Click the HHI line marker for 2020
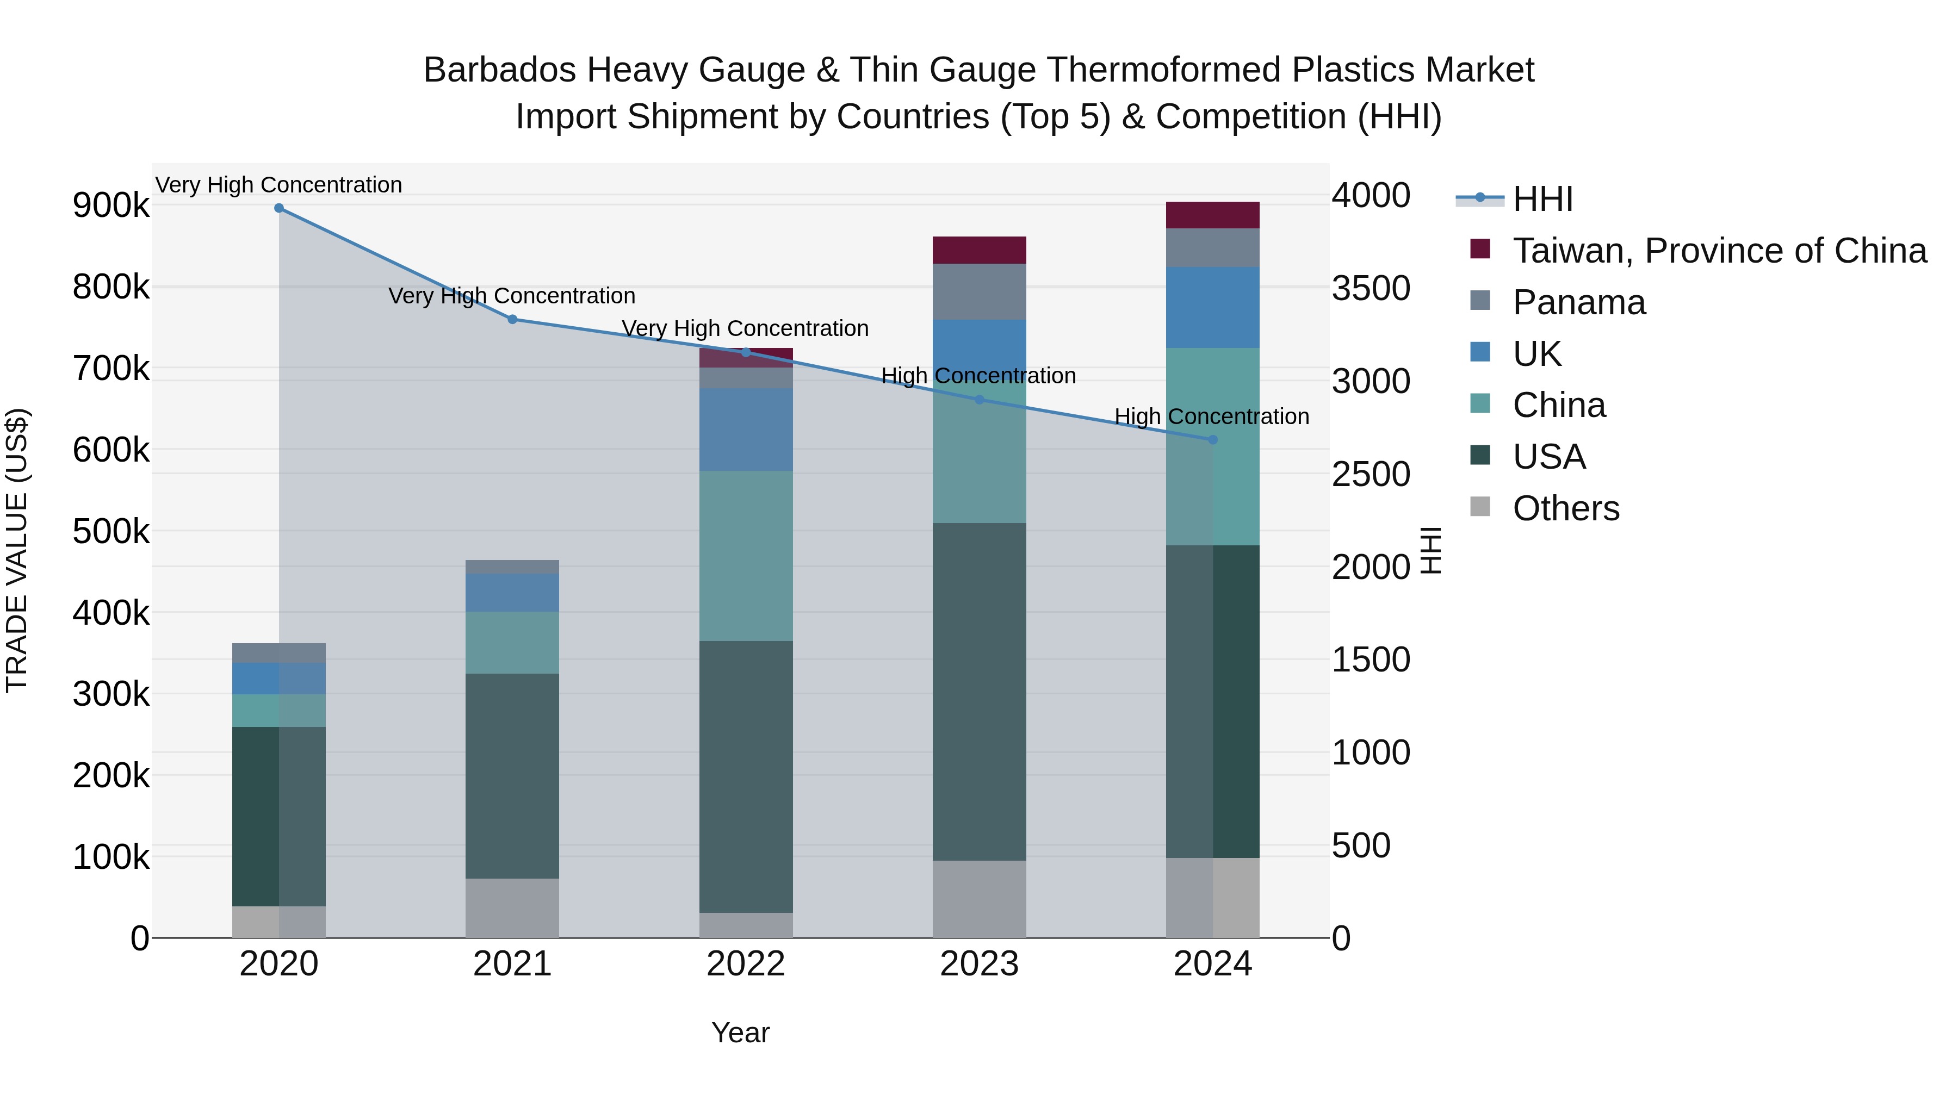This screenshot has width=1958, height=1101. (x=279, y=208)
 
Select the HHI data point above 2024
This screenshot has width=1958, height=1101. (x=1212, y=440)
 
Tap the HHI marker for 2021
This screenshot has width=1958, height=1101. (x=512, y=320)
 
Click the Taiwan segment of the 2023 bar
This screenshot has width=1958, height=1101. (x=979, y=250)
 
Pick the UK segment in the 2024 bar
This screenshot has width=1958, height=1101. (x=1212, y=308)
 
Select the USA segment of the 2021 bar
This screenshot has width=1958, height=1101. (x=512, y=776)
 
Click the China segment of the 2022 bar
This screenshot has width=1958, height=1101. (x=746, y=556)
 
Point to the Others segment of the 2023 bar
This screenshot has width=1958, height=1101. (x=979, y=899)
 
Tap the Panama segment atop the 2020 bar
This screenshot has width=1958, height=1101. (x=279, y=652)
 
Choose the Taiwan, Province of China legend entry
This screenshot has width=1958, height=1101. (x=1719, y=251)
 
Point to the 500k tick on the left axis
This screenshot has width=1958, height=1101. (x=111, y=531)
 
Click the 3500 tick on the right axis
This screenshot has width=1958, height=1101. (x=1371, y=288)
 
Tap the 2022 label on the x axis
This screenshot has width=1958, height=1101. (x=746, y=964)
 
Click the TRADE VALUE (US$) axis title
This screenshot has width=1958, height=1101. (x=17, y=550)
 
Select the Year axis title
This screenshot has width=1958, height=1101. (x=740, y=1032)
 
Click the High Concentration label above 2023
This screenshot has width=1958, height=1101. (x=978, y=376)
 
